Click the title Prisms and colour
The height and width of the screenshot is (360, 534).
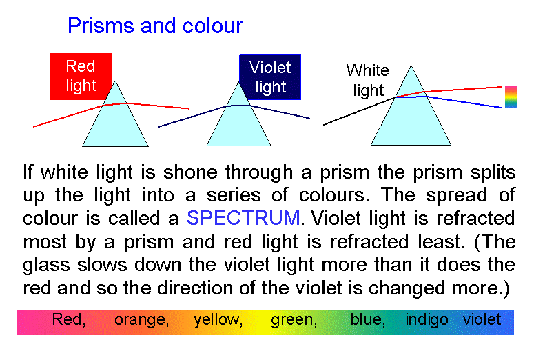pos(155,26)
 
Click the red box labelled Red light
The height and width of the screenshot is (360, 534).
pos(81,77)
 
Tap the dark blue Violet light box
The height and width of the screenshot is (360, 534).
pos(270,77)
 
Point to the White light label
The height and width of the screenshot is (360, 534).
pos(367,80)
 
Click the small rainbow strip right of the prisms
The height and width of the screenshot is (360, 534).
pos(511,97)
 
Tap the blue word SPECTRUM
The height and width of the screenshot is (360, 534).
pos(243,217)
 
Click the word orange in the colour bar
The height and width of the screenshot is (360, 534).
pos(141,320)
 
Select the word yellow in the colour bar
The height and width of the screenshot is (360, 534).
pos(218,320)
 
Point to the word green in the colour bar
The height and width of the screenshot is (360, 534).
pos(294,320)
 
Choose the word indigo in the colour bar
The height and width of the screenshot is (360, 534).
pos(427,320)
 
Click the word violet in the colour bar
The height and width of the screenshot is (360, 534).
pos(482,319)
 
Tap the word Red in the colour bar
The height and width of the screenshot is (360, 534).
pos(69,319)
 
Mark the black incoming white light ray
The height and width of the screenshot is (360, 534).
pos(359,111)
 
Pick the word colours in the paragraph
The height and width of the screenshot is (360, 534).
pos(334,195)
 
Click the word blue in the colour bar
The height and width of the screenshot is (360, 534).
pos(368,319)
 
